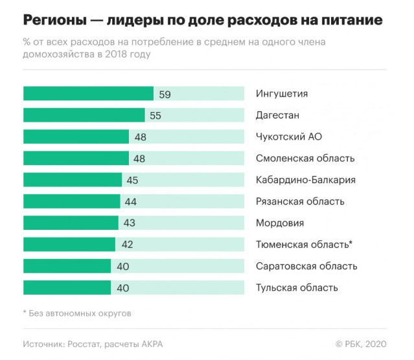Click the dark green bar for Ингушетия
88,94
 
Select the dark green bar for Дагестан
84,115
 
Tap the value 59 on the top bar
165,94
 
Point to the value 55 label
155,115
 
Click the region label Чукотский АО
288,137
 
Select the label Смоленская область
305,158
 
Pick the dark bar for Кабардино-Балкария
73,179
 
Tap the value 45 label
133,179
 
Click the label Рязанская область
300,201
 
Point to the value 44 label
131,201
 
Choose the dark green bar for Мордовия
71,223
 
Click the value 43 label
129,223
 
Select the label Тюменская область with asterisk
304,244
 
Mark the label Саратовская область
306,266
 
